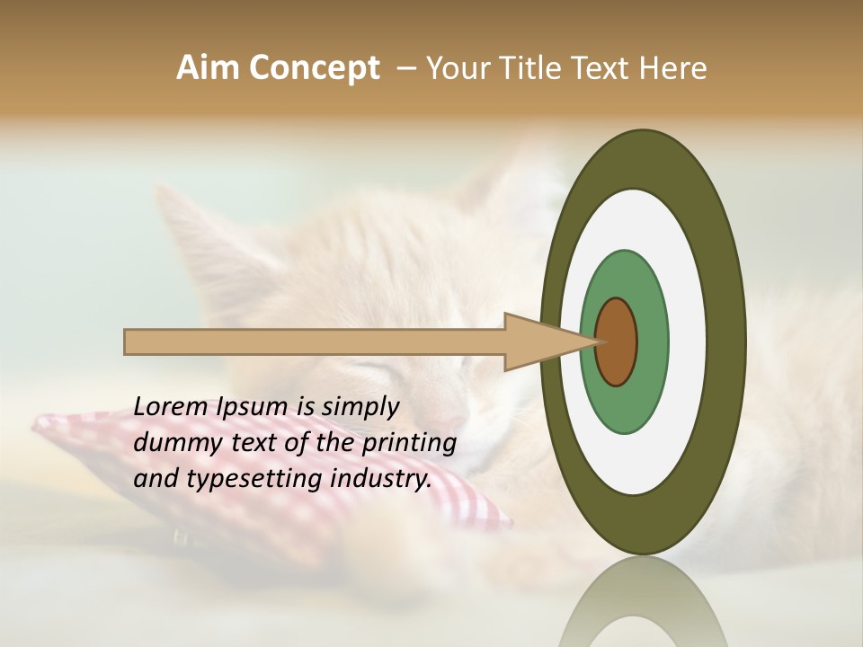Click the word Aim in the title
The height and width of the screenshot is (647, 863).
(x=207, y=68)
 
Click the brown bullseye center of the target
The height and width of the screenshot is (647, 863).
(x=616, y=342)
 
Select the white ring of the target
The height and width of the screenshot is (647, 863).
(x=688, y=342)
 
